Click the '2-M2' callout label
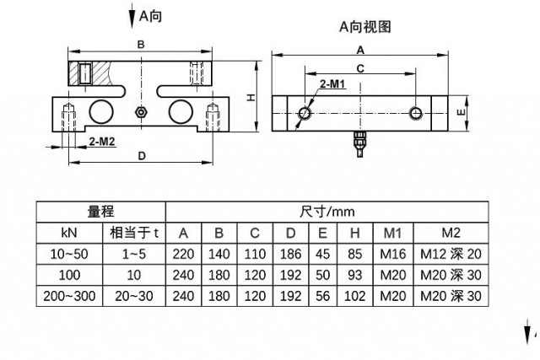[x=100, y=142]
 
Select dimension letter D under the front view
[x=141, y=156]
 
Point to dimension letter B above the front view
[x=141, y=44]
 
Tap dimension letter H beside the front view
[x=251, y=98]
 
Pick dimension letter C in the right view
[x=359, y=67]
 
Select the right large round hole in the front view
[x=180, y=110]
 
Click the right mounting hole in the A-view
[x=415, y=112]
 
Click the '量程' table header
[x=100, y=211]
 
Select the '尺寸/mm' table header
[x=327, y=211]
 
